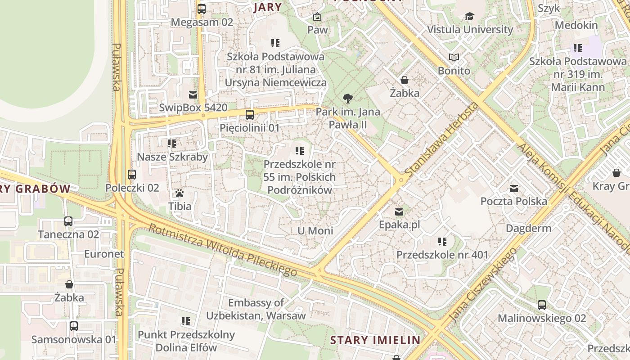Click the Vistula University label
pyautogui.click(x=470, y=30)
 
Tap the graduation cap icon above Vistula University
pyautogui.click(x=469, y=17)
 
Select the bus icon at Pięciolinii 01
pyautogui.click(x=250, y=115)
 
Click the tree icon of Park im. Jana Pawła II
pyautogui.click(x=347, y=98)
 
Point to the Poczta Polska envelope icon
pyautogui.click(x=514, y=189)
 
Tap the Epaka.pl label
pyautogui.click(x=399, y=225)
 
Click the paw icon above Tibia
pyautogui.click(x=180, y=193)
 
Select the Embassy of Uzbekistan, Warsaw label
pyautogui.click(x=256, y=309)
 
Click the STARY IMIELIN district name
pyautogui.click(x=375, y=340)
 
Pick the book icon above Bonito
pyautogui.click(x=454, y=58)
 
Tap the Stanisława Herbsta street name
pyautogui.click(x=441, y=140)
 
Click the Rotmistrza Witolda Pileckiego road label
pyautogui.click(x=222, y=250)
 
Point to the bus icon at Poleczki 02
pyautogui.click(x=132, y=175)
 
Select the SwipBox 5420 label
pyautogui.click(x=193, y=108)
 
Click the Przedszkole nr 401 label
pyautogui.click(x=442, y=255)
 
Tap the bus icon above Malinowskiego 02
pyautogui.click(x=542, y=305)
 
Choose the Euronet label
pyautogui.click(x=104, y=254)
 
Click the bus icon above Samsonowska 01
pyautogui.click(x=74, y=326)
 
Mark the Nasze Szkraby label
pyautogui.click(x=172, y=157)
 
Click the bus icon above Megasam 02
pyautogui.click(x=202, y=9)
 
